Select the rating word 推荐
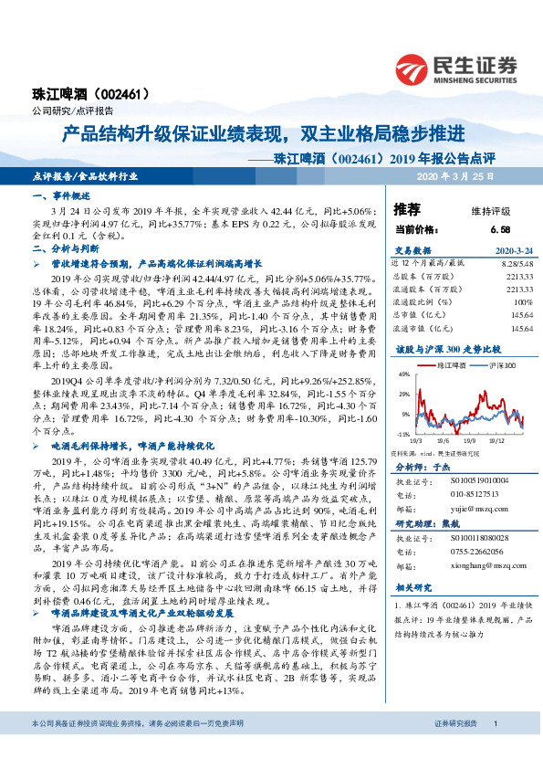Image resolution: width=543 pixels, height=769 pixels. coord(407,208)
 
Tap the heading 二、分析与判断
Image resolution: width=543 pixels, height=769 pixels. coord(64,248)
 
